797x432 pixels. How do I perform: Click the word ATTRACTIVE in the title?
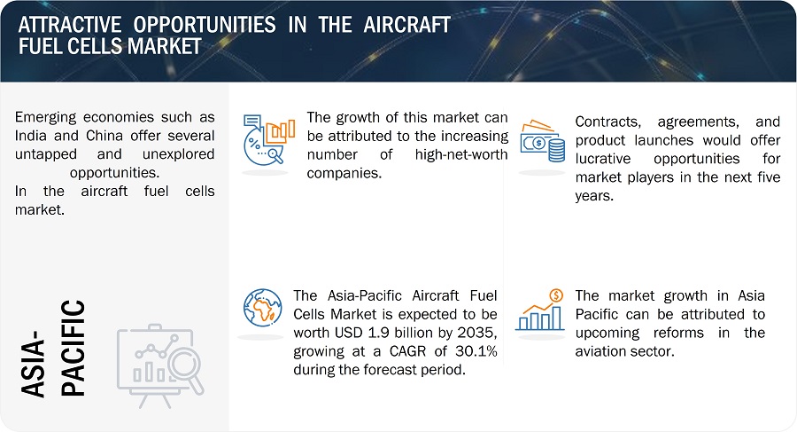pos(70,25)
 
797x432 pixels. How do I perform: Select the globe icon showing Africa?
pos(262,308)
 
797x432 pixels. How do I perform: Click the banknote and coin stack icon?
pos(542,141)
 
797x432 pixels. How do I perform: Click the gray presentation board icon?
pos(160,365)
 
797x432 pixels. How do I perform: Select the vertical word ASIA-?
pos(33,364)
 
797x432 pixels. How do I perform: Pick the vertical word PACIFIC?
pos(74,348)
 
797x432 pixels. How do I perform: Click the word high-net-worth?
pos(461,154)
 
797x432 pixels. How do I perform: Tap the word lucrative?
pos(603,159)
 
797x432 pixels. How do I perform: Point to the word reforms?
pos(678,333)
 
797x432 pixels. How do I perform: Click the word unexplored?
pos(178,154)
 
